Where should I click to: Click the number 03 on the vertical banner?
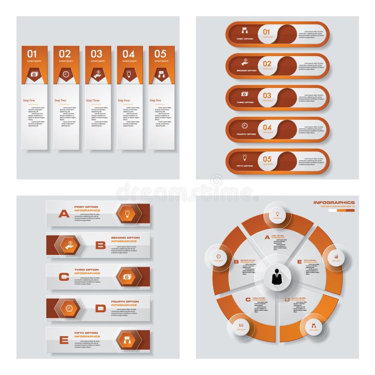97,54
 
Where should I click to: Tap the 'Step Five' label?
156,100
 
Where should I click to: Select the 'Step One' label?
29,100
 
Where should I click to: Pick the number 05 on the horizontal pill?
267,159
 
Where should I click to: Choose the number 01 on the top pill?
267,32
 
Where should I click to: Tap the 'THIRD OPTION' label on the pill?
246,102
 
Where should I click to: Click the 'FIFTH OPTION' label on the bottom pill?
246,166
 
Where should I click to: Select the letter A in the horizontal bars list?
63,214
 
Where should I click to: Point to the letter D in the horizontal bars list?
100,308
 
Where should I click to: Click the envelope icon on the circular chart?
241,325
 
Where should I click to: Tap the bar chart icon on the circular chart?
336,257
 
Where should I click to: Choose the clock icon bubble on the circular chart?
218,256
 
